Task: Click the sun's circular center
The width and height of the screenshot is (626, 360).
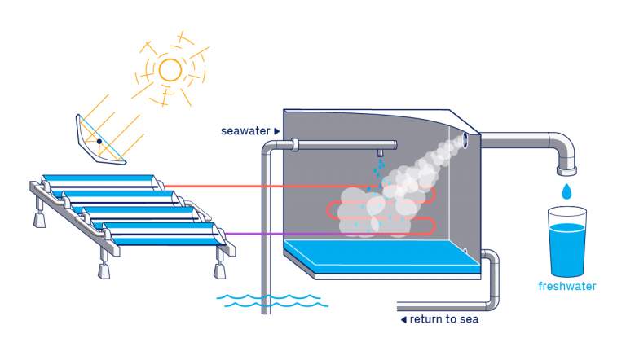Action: coord(170,70)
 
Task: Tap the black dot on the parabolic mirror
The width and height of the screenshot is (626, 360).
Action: coord(99,141)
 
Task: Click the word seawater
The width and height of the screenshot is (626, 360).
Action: coord(245,130)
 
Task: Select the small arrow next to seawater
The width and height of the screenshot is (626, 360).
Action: coord(277,130)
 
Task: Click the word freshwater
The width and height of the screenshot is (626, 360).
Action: coord(567,286)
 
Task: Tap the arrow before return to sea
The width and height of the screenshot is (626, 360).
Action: coord(403,319)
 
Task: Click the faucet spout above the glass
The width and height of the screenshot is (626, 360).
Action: coord(566,169)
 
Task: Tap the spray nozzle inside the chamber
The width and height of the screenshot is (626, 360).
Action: coord(380,153)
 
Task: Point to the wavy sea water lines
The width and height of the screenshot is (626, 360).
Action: coord(272,301)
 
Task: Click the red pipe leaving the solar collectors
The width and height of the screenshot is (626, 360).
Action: coord(245,186)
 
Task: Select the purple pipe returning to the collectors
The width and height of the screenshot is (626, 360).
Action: coord(269,234)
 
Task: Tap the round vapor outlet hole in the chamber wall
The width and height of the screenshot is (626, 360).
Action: coord(465,139)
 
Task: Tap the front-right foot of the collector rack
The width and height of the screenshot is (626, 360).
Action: coord(218,270)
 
